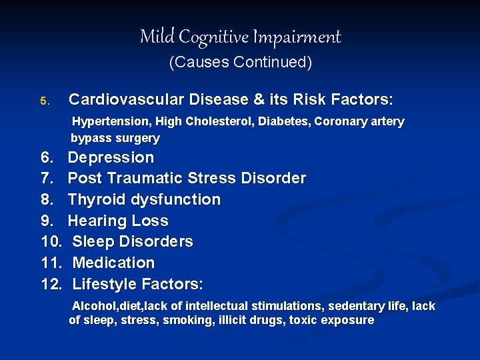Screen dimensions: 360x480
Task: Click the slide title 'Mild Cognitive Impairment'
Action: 240,37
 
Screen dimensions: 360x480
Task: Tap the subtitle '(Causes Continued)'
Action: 240,63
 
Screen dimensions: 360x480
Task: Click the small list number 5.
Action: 44,101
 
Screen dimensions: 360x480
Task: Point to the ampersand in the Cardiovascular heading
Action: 259,100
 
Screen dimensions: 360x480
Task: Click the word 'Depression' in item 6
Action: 111,158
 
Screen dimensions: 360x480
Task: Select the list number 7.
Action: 47,179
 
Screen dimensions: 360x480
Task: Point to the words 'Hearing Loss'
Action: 118,221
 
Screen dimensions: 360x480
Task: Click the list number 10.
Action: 51,241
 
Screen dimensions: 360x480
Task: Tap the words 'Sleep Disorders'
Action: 133,241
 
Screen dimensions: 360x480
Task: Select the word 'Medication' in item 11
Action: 113,263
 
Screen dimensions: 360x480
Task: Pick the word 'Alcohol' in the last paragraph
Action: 93,306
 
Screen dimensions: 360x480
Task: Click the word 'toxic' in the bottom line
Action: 303,320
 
